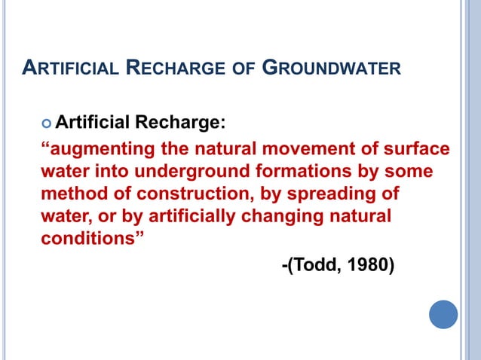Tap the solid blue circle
tap(443, 314)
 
